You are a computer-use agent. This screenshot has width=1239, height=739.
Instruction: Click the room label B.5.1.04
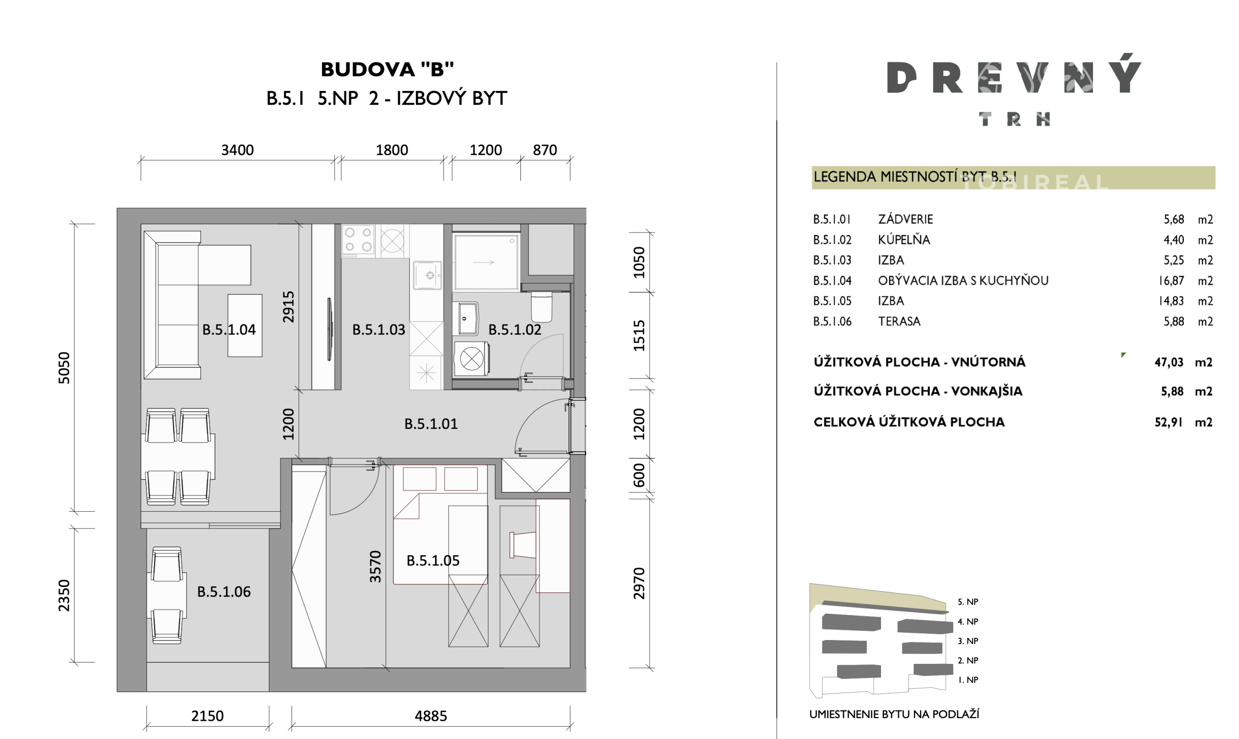click(229, 330)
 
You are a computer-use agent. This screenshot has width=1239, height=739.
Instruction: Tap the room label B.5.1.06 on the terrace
click(223, 592)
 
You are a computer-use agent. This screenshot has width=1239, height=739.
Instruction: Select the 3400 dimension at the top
click(237, 150)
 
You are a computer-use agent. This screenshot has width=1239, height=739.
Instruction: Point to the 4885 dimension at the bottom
click(430, 716)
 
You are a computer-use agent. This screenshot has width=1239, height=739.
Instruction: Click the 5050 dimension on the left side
click(64, 367)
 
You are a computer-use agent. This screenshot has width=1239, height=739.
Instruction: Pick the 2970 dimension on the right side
click(639, 583)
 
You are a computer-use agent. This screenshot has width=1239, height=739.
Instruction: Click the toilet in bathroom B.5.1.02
click(542, 306)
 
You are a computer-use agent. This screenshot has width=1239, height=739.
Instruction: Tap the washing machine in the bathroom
click(471, 358)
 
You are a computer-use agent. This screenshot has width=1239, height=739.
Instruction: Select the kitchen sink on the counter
click(427, 275)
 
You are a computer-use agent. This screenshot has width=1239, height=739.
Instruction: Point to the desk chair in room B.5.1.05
click(522, 545)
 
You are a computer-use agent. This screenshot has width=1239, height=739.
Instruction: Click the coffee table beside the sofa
click(245, 325)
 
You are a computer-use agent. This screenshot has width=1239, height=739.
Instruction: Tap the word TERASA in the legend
click(899, 321)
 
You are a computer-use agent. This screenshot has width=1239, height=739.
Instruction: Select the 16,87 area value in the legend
click(1171, 280)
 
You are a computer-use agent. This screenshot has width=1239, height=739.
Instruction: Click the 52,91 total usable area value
click(1168, 422)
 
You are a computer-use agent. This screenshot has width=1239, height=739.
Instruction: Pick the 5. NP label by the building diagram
click(968, 602)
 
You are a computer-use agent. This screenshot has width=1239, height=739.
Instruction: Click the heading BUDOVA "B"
click(387, 69)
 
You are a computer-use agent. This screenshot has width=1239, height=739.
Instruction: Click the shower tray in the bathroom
click(486, 262)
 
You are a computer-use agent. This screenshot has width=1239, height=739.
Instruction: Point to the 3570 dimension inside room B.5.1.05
click(375, 566)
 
